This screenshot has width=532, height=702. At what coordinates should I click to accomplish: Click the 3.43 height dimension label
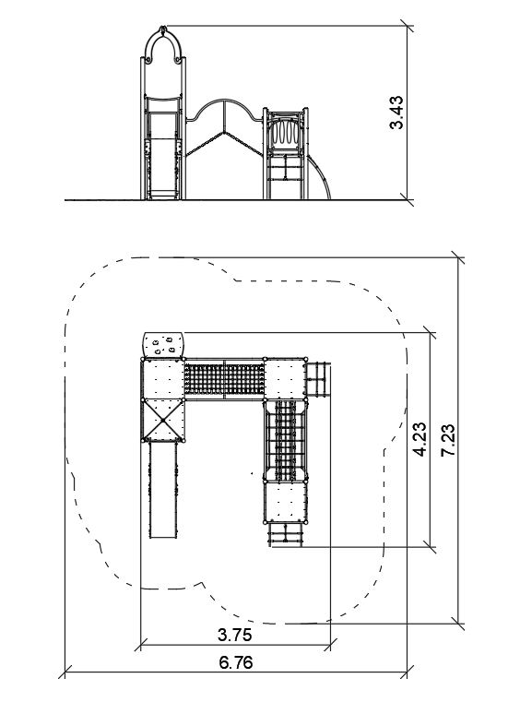pyautogui.click(x=396, y=113)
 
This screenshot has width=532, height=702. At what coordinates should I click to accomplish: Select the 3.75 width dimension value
pyautogui.click(x=234, y=635)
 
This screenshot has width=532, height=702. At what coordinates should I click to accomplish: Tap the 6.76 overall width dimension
pyautogui.click(x=236, y=662)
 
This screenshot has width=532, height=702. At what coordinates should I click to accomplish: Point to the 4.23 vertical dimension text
pyautogui.click(x=420, y=439)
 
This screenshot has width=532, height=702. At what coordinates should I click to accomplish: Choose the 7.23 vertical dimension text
pyautogui.click(x=448, y=440)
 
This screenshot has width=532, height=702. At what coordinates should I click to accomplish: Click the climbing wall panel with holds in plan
pyautogui.click(x=163, y=345)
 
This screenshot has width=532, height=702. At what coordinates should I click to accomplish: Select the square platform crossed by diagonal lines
pyautogui.click(x=163, y=420)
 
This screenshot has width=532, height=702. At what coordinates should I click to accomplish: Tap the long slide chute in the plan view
pyautogui.click(x=163, y=490)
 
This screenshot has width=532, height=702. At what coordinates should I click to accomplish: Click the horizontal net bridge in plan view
pyautogui.click(x=225, y=379)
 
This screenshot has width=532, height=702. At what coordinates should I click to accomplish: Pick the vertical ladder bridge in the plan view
pyautogui.click(x=286, y=441)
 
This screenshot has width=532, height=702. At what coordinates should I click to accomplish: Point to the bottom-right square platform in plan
pyautogui.click(x=286, y=502)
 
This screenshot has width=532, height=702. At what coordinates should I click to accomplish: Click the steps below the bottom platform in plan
pyautogui.click(x=286, y=534)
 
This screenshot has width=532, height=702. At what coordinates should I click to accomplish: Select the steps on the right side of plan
pyautogui.click(x=319, y=379)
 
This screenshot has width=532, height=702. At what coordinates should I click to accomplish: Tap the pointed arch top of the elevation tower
pyautogui.click(x=163, y=44)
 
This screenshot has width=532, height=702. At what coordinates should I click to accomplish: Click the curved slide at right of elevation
pyautogui.click(x=320, y=176)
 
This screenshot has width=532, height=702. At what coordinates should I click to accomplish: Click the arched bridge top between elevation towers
pyautogui.click(x=224, y=109)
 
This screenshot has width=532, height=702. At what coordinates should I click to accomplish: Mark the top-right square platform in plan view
pyautogui.click(x=286, y=379)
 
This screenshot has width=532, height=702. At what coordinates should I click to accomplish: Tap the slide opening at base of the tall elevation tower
pyautogui.click(x=162, y=168)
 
